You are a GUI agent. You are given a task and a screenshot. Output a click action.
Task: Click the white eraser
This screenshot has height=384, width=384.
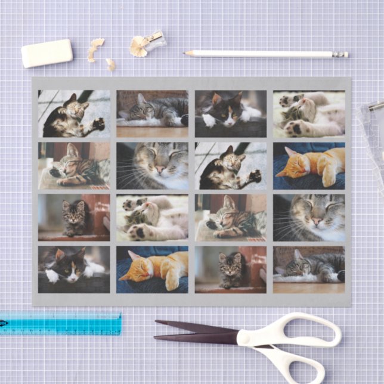(47, 53)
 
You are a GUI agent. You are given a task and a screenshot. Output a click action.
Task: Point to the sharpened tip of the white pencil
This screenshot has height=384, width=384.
(185, 53)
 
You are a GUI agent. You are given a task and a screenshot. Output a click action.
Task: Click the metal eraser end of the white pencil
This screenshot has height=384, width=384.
(340, 54)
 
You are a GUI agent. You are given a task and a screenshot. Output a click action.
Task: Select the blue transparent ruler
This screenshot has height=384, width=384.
(60, 323)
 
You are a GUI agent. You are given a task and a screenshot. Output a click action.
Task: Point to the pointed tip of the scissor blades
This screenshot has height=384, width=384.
(156, 323)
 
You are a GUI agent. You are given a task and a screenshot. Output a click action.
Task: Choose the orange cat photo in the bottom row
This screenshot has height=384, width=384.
(152, 270)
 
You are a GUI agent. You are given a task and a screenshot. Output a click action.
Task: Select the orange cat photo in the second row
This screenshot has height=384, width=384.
(309, 166)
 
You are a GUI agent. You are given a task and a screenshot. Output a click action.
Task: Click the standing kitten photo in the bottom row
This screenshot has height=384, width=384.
(230, 270)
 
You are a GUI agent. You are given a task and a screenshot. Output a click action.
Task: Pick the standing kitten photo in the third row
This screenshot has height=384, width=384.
(74, 218)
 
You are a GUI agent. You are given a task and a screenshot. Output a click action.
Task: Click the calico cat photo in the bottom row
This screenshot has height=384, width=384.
(74, 270)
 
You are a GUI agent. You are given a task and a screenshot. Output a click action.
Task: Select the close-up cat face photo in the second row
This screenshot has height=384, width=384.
(152, 166)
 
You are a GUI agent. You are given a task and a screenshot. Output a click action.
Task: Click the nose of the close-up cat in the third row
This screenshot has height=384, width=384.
(317, 221)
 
